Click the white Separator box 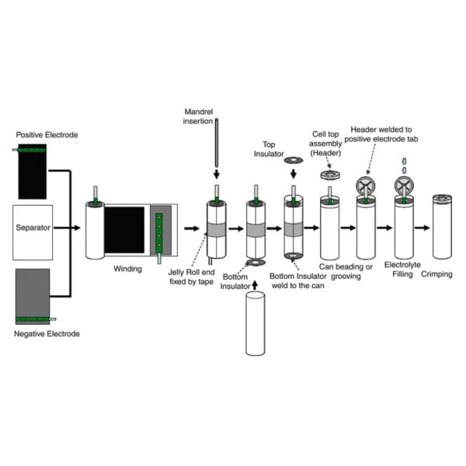point(32,230)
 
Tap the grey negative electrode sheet point(32,291)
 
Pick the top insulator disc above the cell point(294,160)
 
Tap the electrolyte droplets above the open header point(404,165)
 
